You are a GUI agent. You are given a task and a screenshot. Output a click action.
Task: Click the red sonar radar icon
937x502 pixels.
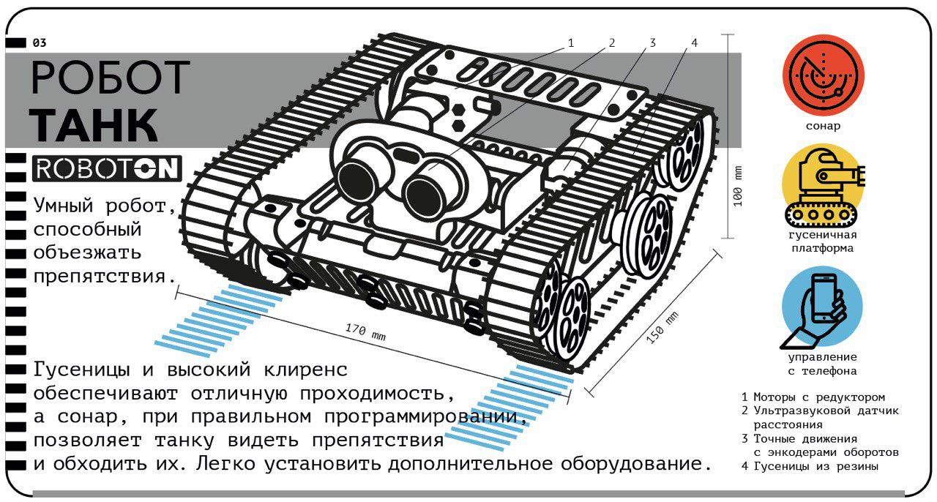pyautogui.click(x=823, y=75)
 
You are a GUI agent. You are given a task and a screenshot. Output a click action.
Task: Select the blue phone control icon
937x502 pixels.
pyautogui.click(x=821, y=308)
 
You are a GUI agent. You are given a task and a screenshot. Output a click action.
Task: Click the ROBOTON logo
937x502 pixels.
pyautogui.click(x=107, y=168)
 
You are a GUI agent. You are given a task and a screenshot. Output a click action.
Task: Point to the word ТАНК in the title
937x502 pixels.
pyautogui.click(x=94, y=125)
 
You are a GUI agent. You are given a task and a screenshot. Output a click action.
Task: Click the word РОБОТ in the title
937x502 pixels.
pyautogui.click(x=111, y=77)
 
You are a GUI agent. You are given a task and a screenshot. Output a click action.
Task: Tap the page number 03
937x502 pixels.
pyautogui.click(x=40, y=42)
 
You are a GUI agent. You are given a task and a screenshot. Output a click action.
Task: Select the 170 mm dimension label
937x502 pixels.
pyautogui.click(x=365, y=331)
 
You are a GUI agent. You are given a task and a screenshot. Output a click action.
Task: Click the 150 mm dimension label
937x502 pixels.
pyautogui.click(x=662, y=328)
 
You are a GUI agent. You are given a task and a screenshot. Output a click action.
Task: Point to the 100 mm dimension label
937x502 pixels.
pyautogui.click(x=737, y=186)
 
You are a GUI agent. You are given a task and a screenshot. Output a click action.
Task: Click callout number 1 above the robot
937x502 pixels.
pyautogui.click(x=570, y=42)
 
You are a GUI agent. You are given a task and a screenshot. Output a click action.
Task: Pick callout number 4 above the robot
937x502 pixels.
pyautogui.click(x=695, y=42)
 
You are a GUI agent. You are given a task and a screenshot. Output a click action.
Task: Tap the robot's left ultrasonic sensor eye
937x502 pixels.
pyautogui.click(x=358, y=179)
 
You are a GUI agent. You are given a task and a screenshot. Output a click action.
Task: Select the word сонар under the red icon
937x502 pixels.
pyautogui.click(x=823, y=126)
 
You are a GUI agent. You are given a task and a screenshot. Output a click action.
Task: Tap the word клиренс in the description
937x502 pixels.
pyautogui.click(x=306, y=370)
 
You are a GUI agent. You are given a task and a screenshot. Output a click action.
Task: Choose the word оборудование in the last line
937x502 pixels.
pyautogui.click(x=636, y=464)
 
